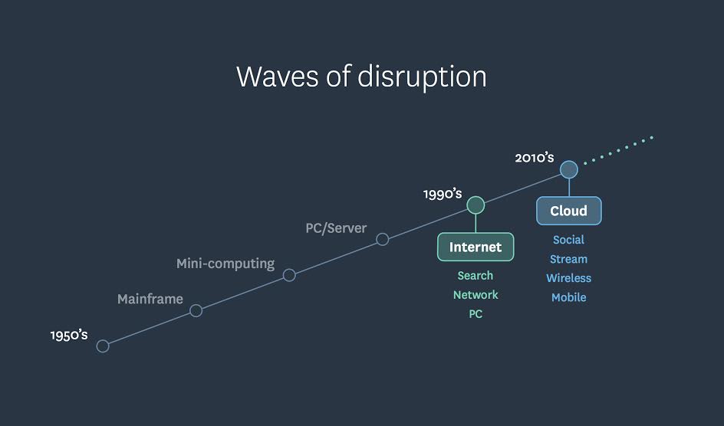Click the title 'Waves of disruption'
point(361,77)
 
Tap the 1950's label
point(69,335)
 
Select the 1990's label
point(443,194)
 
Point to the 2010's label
point(535,158)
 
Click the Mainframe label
point(150,299)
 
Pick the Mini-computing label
point(225,264)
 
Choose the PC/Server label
point(336,228)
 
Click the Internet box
point(476,247)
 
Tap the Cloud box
point(569,211)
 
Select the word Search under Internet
point(476,276)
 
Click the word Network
point(476,295)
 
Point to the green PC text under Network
point(476,314)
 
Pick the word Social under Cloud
point(569,240)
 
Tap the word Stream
point(569,259)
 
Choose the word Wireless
point(569,278)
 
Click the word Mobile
point(569,297)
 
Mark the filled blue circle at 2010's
point(569,169)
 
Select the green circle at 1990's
point(476,205)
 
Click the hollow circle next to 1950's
point(103,346)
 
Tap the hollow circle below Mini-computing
point(289,275)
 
